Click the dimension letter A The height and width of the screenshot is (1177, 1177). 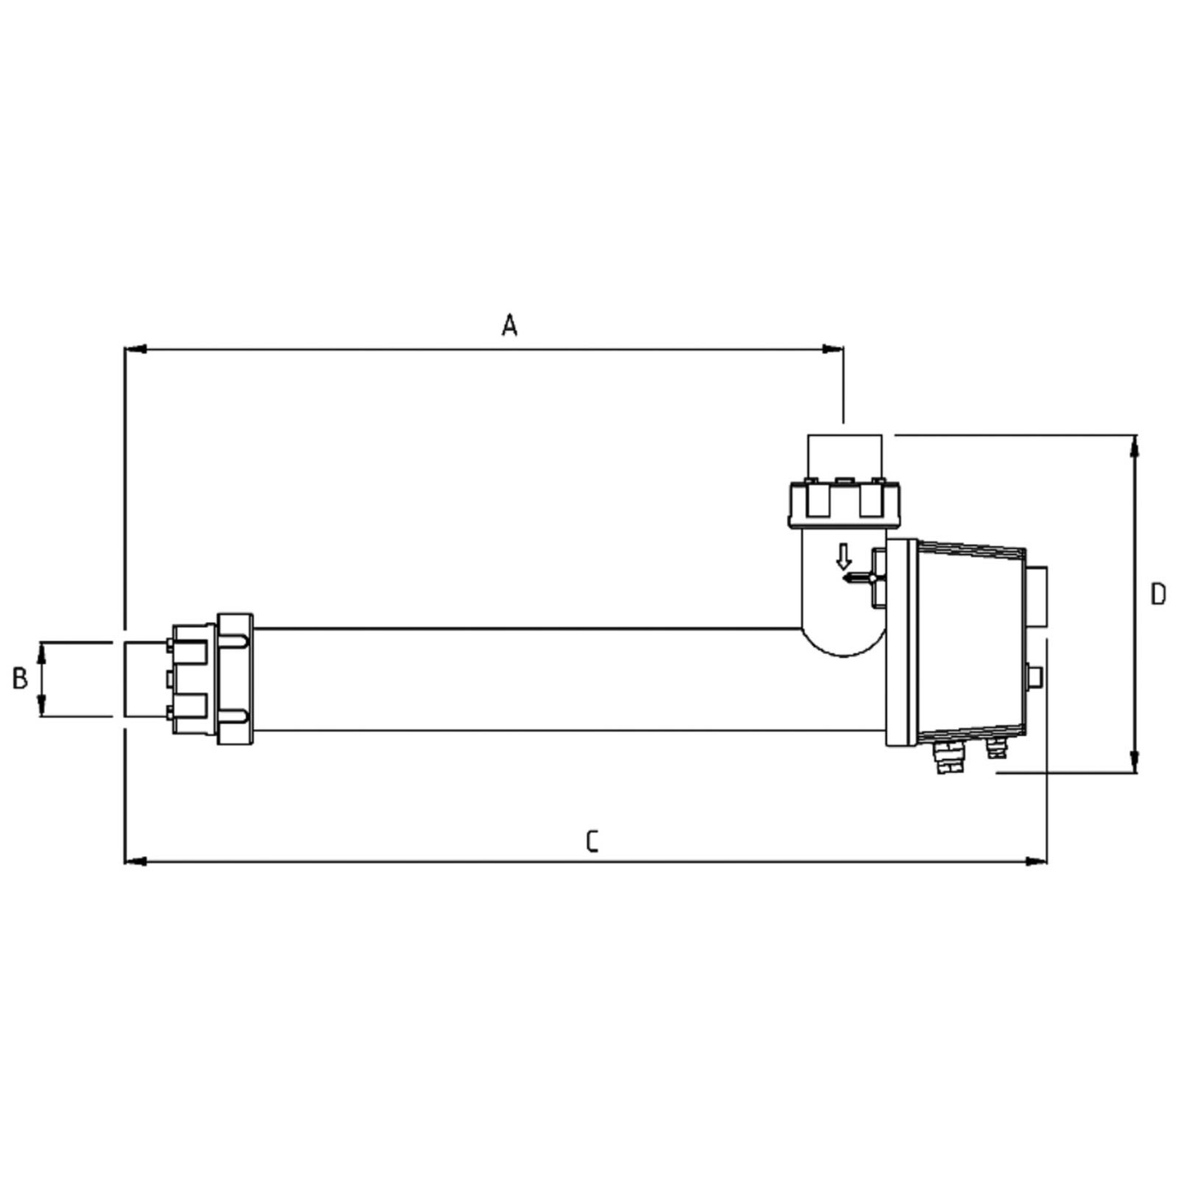point(509,325)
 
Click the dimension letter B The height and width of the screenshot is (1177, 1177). point(20,679)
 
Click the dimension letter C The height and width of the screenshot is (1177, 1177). point(591,841)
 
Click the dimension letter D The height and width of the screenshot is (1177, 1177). point(1158,595)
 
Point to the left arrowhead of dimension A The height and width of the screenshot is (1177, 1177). point(135,349)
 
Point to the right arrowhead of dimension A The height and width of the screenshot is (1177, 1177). point(832,349)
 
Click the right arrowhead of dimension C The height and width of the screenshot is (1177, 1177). point(1036,861)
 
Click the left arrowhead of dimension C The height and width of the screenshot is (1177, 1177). point(135,861)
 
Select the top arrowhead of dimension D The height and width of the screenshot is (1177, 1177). point(1135,446)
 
